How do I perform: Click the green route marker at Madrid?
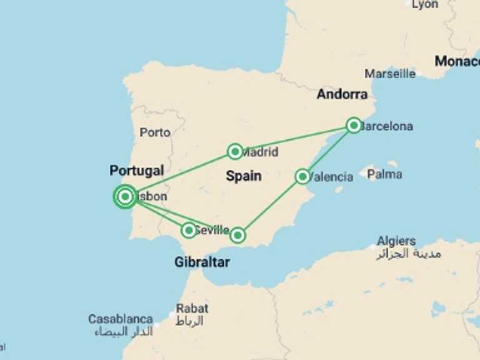point(235,151)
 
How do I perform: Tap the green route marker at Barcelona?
point(354,126)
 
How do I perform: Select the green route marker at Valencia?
point(302,176)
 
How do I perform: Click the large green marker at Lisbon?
point(125,197)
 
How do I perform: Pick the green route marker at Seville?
point(189,230)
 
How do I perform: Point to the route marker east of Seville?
point(237,235)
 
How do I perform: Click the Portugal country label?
point(136,171)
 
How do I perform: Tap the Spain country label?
point(244,176)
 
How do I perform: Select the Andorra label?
point(342,94)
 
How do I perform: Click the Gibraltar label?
point(202,262)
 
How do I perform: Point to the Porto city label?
point(155,132)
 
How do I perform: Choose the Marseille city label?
point(390,74)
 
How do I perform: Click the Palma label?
point(384,174)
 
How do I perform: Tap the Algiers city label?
point(396,241)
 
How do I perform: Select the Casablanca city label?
point(121,319)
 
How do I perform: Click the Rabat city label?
point(192,308)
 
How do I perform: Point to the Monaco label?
point(457,61)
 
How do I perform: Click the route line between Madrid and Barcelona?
point(294,139)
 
